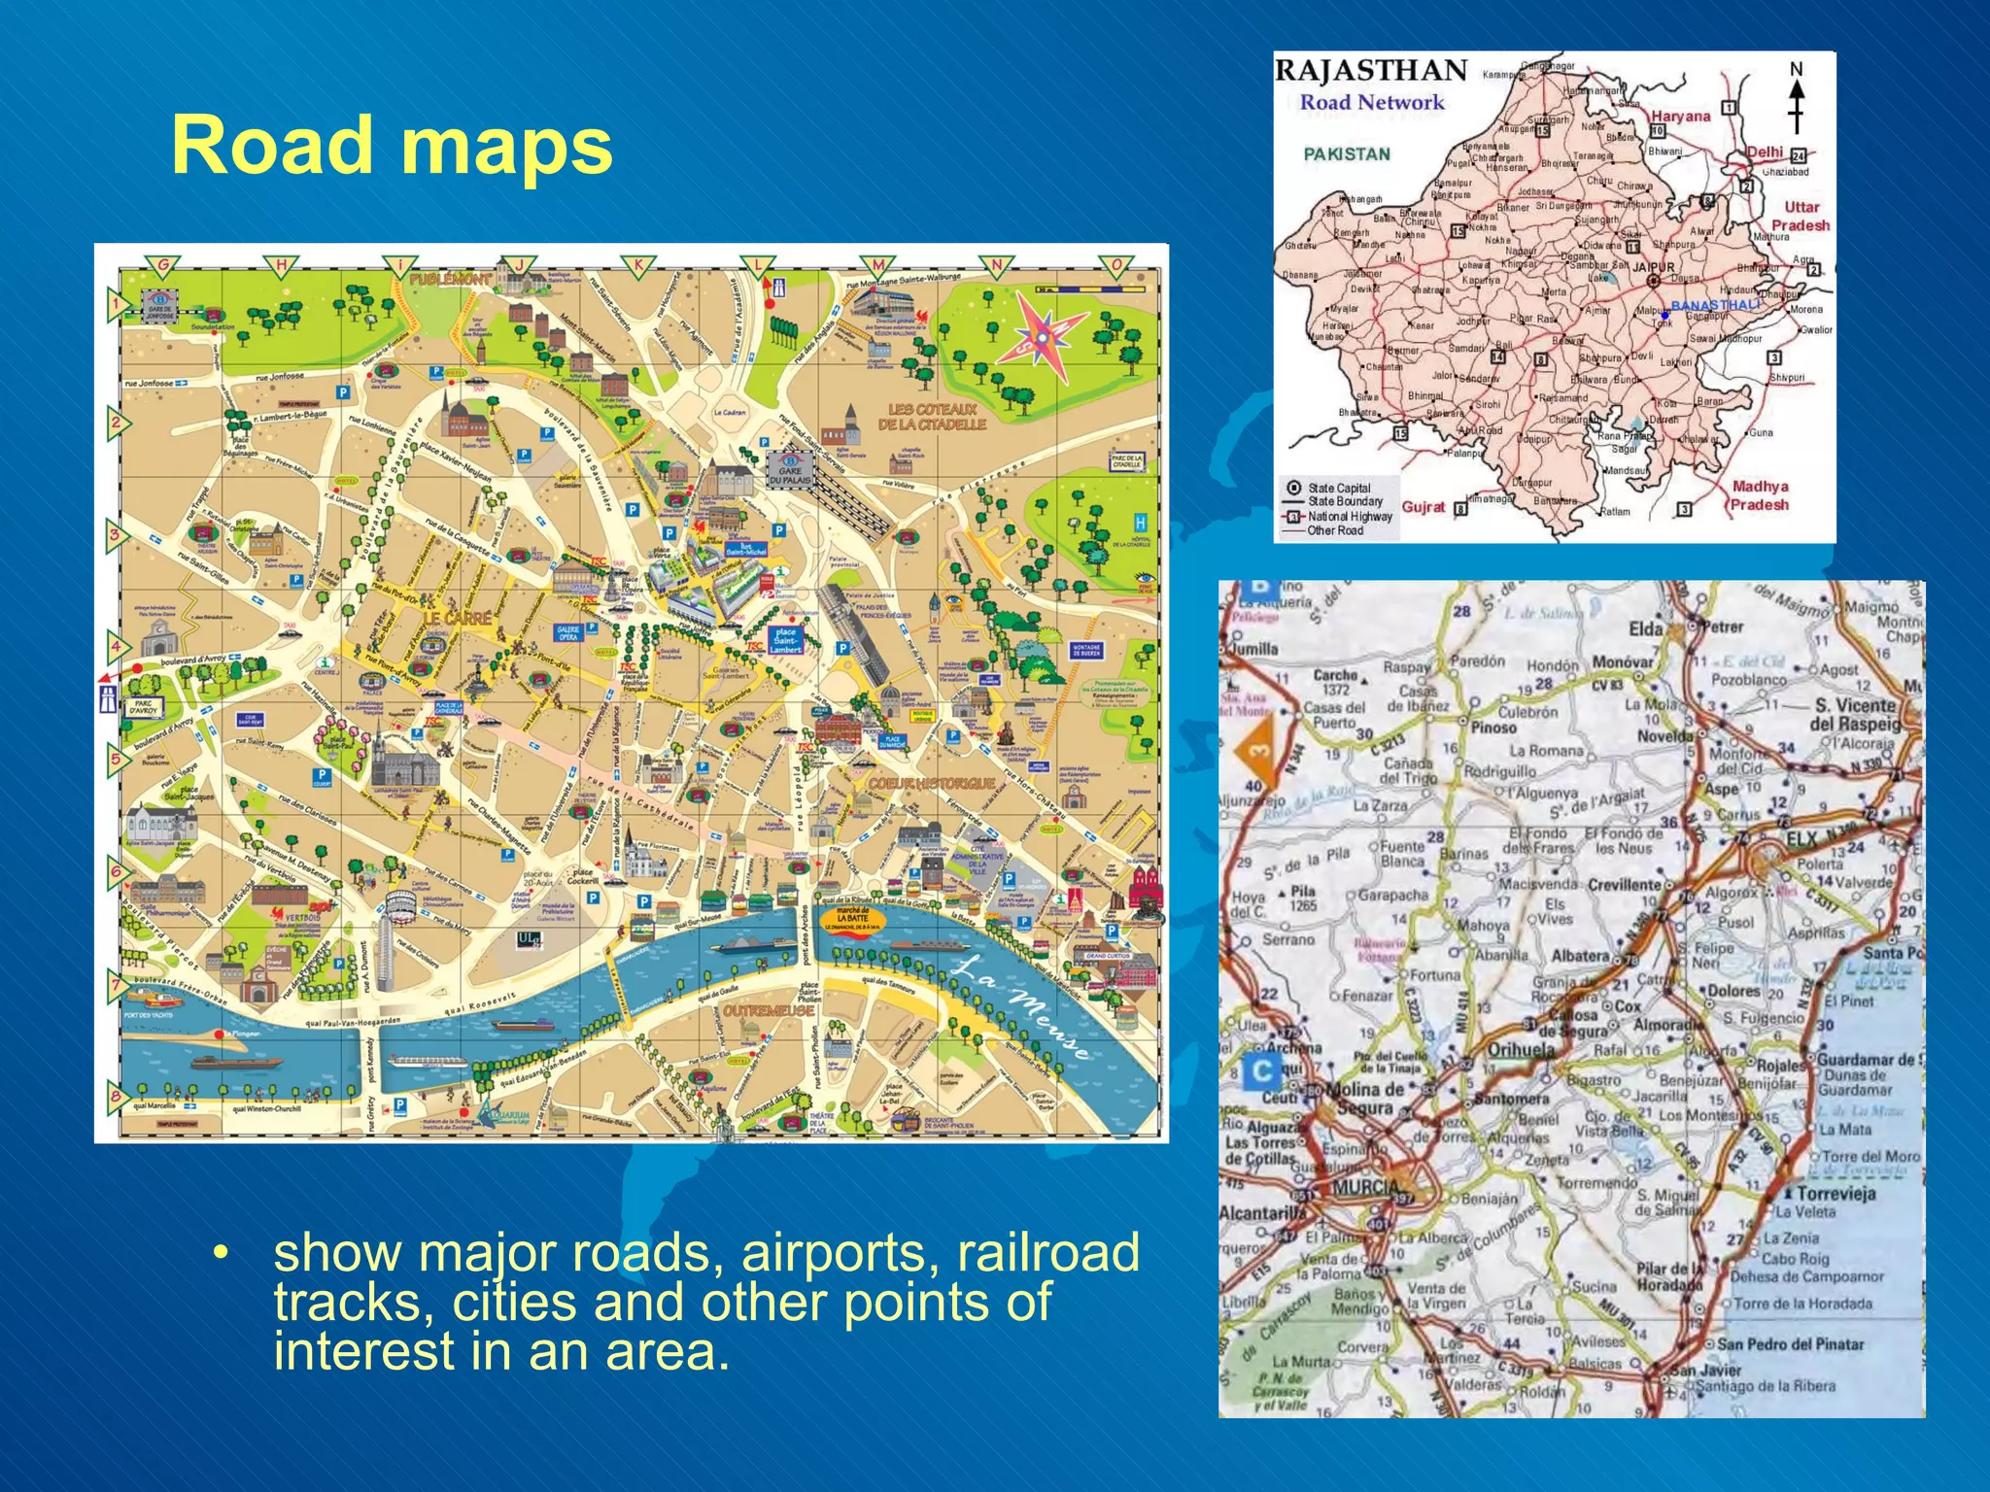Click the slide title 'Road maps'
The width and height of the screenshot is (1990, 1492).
(x=392, y=146)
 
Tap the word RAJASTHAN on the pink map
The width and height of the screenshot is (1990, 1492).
(x=1370, y=71)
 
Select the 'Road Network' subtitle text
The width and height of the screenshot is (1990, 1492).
(x=1372, y=102)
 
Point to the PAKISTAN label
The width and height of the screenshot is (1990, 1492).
(x=1347, y=153)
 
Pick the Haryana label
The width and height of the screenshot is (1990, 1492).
(x=1680, y=117)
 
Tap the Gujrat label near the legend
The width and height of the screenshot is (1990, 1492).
(x=1424, y=507)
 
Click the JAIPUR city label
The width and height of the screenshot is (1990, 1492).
(x=1654, y=267)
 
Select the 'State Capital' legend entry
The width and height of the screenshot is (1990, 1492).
(x=1338, y=489)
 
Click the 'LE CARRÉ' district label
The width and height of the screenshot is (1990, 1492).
(x=456, y=618)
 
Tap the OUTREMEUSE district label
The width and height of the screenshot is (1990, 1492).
(x=768, y=1011)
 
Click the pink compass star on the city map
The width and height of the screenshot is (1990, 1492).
(x=1042, y=335)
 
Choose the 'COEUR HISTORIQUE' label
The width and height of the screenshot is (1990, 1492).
(x=931, y=783)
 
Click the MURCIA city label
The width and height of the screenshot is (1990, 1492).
(x=1368, y=1187)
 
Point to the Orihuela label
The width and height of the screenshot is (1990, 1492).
(x=1521, y=1050)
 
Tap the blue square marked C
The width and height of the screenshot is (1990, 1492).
(x=1262, y=1071)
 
